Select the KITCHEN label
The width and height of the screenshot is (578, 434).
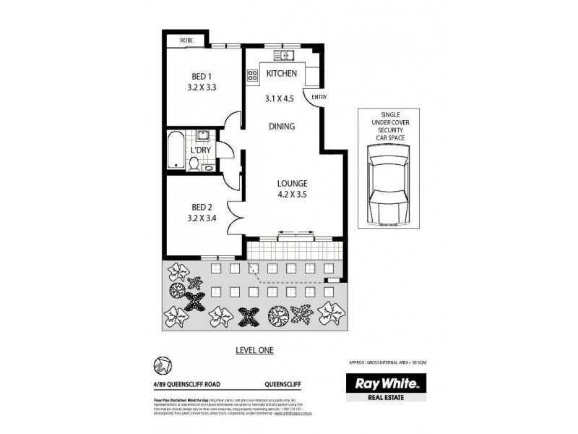click(x=280, y=74)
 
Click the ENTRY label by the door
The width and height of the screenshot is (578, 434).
click(x=319, y=97)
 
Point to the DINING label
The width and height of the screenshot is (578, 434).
click(x=282, y=126)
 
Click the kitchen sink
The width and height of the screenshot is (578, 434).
click(x=281, y=55)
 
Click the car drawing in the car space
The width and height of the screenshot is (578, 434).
click(x=388, y=184)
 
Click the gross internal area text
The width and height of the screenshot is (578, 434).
click(x=388, y=364)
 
